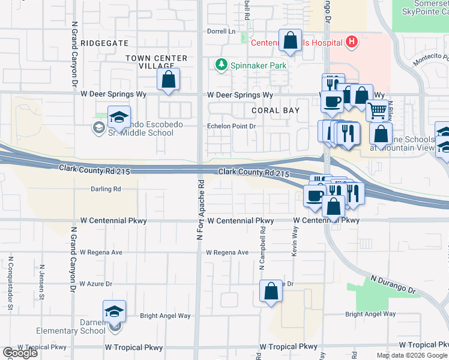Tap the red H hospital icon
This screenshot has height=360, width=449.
pyautogui.click(x=352, y=42)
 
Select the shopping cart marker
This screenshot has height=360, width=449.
pyautogui.click(x=377, y=110)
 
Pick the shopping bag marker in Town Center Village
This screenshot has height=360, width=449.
pyautogui.click(x=169, y=79)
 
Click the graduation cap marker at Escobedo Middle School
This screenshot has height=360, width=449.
pyautogui.click(x=119, y=115)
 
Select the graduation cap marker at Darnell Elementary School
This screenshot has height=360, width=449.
pyautogui.click(x=114, y=311)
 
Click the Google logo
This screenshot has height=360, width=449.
pyautogui.click(x=20, y=353)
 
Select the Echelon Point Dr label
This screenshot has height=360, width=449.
pyautogui.click(x=231, y=127)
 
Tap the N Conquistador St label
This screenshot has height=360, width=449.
pyautogui.click(x=11, y=283)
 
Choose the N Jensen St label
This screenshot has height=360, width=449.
pyautogui.click(x=42, y=283)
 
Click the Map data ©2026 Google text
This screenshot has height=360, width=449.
pyautogui.click(x=411, y=355)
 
